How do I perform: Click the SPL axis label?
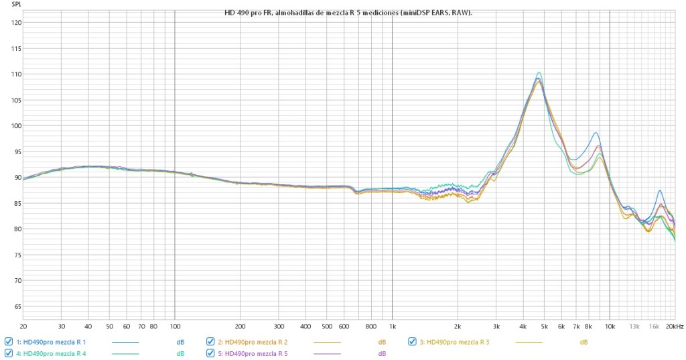click(x=17, y=4)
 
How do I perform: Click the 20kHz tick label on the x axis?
click(x=674, y=326)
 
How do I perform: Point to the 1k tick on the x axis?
click(x=392, y=326)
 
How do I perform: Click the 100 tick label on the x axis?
click(x=175, y=326)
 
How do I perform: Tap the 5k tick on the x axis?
click(x=544, y=326)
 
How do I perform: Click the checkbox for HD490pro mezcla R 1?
click(x=9, y=342)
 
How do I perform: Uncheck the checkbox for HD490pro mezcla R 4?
click(x=9, y=353)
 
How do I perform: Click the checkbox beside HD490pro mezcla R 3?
click(x=413, y=342)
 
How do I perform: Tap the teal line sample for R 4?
click(x=125, y=353)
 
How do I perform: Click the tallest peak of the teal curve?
click(x=539, y=72)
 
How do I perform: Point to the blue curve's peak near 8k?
click(x=595, y=133)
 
